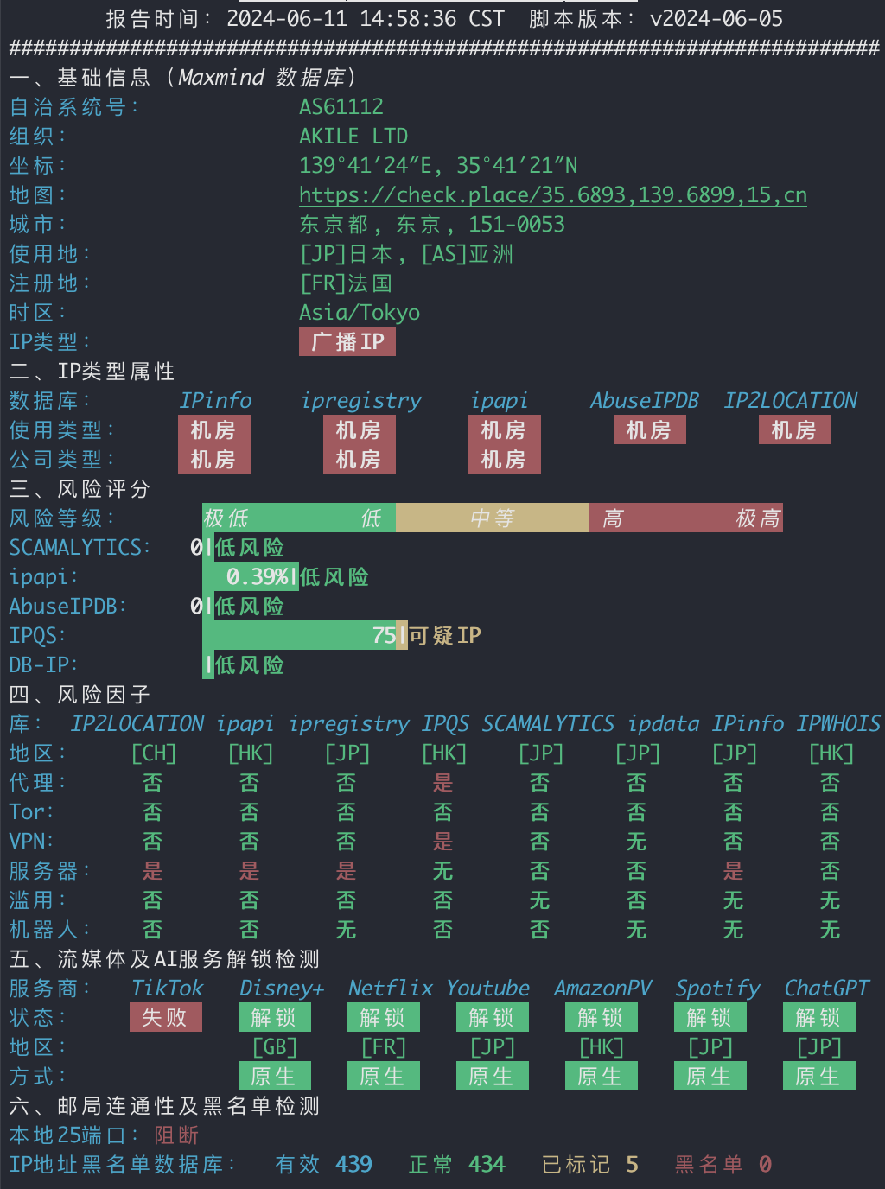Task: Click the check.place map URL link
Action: tap(553, 195)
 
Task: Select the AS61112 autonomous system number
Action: tap(341, 106)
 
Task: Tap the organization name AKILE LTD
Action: tap(353, 137)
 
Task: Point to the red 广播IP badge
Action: tap(347, 341)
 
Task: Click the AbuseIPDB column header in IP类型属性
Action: tap(645, 400)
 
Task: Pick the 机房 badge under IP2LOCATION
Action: tap(795, 430)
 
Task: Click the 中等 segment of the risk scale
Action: tap(493, 518)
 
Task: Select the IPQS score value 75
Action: tap(385, 635)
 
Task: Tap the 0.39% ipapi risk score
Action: tap(258, 577)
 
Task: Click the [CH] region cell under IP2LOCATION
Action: tap(154, 753)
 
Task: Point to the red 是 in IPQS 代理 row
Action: tap(443, 783)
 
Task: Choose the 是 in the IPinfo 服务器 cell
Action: tap(733, 871)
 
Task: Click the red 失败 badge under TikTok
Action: tap(166, 1017)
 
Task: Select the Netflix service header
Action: tap(391, 988)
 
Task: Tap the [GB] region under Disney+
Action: tap(275, 1047)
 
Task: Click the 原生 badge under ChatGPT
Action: tap(819, 1076)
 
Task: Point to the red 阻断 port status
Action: tap(176, 1135)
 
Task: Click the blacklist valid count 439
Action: tap(353, 1164)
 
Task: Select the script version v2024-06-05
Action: tap(716, 19)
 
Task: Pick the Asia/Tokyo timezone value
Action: tap(360, 313)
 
